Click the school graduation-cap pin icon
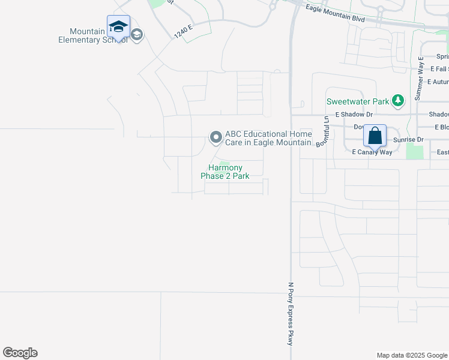click(x=118, y=27)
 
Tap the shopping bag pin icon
click(x=375, y=136)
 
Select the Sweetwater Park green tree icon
click(x=397, y=100)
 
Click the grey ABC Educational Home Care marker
click(x=215, y=137)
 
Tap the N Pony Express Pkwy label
click(x=291, y=313)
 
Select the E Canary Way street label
click(x=372, y=152)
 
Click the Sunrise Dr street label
click(x=408, y=140)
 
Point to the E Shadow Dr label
click(x=354, y=114)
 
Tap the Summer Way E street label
click(x=420, y=78)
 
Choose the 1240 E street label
click(x=183, y=31)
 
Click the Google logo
click(x=20, y=353)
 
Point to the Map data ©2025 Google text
click(x=411, y=355)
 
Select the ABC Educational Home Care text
click(x=268, y=138)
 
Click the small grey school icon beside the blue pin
click(x=137, y=35)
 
